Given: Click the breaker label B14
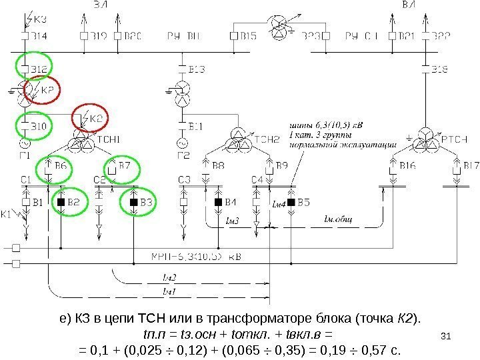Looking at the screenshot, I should (x=39, y=35).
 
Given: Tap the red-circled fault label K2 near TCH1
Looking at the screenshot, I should (x=93, y=118).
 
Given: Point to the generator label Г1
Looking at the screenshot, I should (x=25, y=155).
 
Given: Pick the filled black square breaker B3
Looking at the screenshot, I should (x=133, y=201).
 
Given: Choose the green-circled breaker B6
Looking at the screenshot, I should (x=59, y=165).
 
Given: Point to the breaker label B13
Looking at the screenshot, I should (x=196, y=68).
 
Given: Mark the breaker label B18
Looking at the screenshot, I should (x=440, y=68).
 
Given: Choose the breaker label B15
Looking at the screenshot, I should (x=249, y=35).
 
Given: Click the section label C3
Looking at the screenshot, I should (x=185, y=179).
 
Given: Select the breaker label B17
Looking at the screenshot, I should (x=471, y=165).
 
